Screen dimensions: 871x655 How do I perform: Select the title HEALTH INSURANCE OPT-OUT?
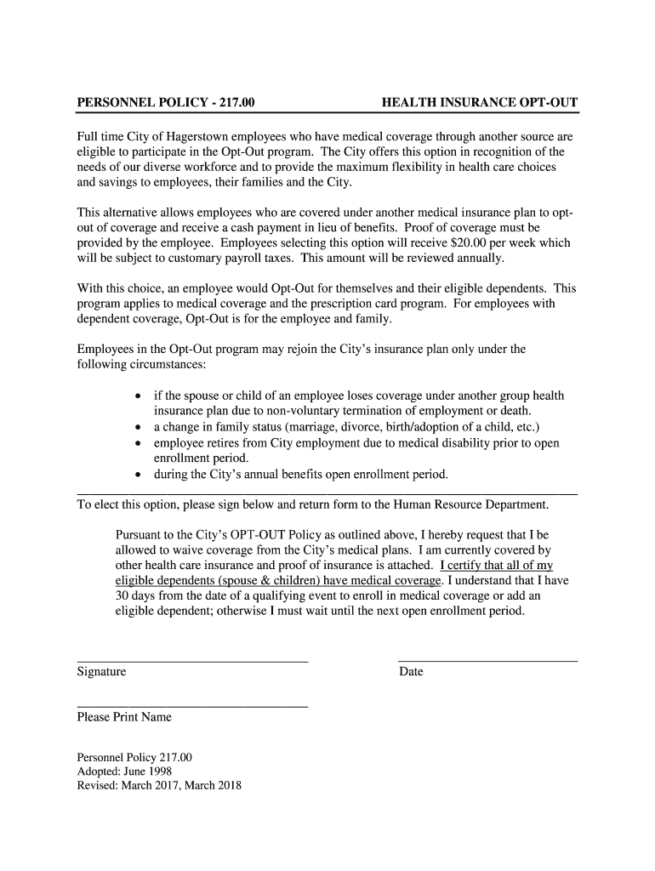(480, 103)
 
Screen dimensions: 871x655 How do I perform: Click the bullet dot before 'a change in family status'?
(139, 428)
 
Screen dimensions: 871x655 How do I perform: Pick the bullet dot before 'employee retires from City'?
(139, 443)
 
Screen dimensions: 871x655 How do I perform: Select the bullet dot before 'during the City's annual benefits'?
(139, 475)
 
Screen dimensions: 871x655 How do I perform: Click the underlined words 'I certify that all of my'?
(496, 566)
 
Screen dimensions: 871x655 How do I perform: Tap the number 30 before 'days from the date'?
(122, 596)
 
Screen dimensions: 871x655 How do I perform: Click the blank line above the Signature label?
(192, 661)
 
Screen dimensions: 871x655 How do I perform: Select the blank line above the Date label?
(487, 661)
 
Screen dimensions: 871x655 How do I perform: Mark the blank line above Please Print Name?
(192, 706)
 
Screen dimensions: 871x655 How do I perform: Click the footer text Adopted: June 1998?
(124, 771)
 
